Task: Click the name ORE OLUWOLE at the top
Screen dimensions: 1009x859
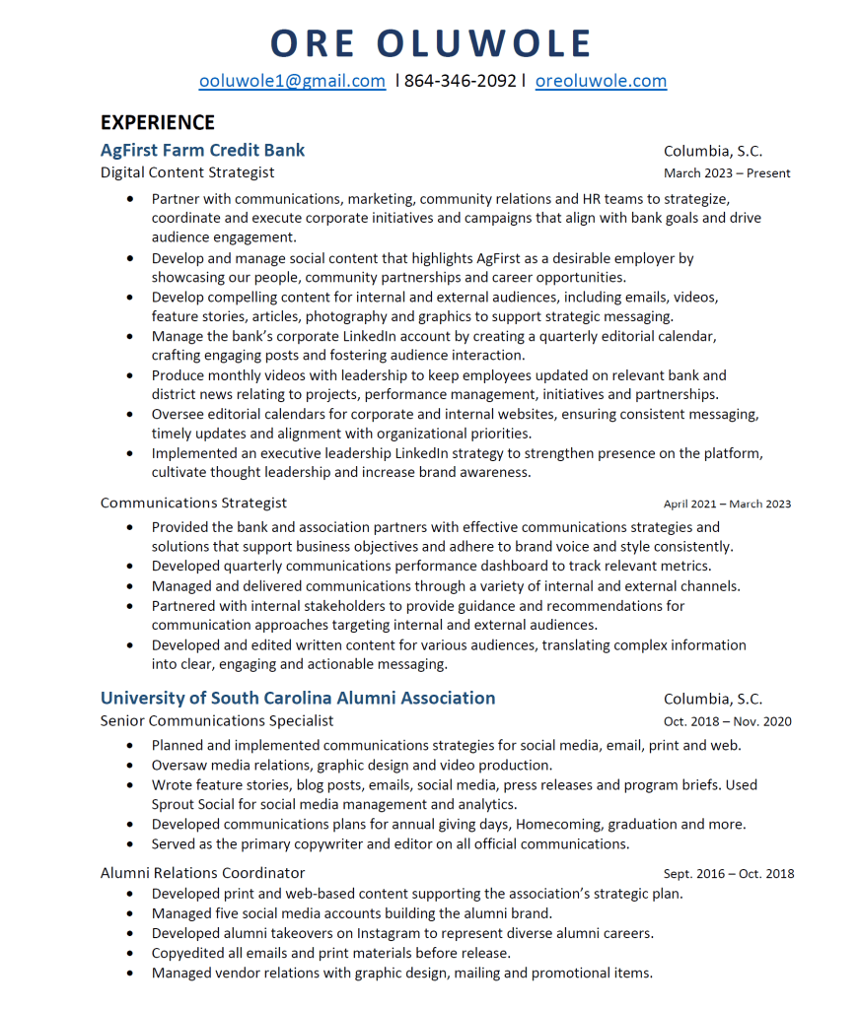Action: [431, 43]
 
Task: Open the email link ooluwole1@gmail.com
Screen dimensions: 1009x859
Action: [292, 81]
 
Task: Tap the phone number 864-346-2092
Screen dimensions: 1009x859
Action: [460, 81]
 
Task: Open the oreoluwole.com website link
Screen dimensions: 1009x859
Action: [601, 81]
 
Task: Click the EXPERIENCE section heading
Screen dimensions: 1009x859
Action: [158, 122]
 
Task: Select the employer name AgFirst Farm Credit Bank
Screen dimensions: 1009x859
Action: [202, 151]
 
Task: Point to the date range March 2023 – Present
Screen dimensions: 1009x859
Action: [727, 173]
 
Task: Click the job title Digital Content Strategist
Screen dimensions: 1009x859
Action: [187, 172]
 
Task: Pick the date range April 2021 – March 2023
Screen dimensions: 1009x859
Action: [727, 504]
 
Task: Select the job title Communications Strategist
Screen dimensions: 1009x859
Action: [193, 503]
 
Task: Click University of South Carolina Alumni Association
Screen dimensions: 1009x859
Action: [298, 698]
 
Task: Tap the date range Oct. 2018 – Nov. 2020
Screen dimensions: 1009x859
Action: [727, 721]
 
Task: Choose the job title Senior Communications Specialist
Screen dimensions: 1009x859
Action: [217, 720]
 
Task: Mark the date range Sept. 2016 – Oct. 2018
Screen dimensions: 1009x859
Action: [728, 874]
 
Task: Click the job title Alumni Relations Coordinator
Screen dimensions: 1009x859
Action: [202, 873]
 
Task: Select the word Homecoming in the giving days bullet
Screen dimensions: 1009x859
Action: [555, 824]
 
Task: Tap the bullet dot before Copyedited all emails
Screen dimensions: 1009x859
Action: [130, 953]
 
